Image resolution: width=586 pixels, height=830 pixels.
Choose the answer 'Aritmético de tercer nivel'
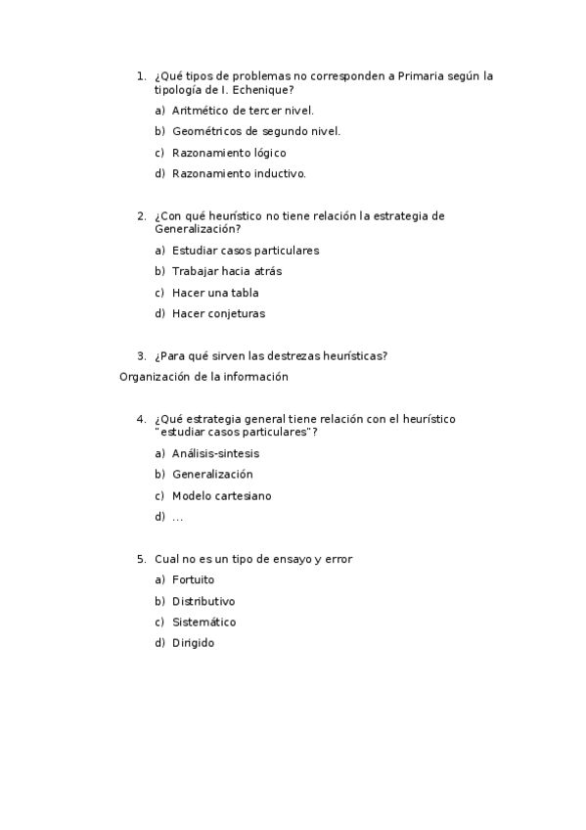(x=243, y=111)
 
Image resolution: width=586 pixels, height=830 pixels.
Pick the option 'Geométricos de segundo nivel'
(x=256, y=131)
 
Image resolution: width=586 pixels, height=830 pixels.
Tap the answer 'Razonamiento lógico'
(x=229, y=153)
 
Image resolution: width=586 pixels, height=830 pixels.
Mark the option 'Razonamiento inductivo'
(x=239, y=174)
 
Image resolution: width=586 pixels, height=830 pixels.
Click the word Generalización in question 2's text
(x=197, y=229)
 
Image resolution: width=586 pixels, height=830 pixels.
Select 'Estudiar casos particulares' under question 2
(x=246, y=251)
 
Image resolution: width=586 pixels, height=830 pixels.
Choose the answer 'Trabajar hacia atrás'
(x=227, y=271)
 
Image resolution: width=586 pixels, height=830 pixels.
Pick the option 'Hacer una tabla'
(x=215, y=293)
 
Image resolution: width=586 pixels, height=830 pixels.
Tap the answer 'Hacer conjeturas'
(x=218, y=314)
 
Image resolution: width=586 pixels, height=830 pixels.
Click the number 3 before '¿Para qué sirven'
(x=141, y=355)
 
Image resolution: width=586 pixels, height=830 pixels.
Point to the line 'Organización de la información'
(x=203, y=376)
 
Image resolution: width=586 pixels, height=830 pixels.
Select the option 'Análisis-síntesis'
(x=215, y=453)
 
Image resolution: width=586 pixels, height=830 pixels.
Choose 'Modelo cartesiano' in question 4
(x=222, y=495)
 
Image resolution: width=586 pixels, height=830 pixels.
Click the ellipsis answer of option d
(x=177, y=517)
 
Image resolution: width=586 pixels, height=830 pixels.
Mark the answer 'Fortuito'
(x=193, y=579)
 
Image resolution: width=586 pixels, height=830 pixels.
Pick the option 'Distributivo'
(x=203, y=601)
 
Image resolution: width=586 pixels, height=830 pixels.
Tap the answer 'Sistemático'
(x=203, y=622)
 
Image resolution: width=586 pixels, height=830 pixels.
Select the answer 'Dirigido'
(x=193, y=643)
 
